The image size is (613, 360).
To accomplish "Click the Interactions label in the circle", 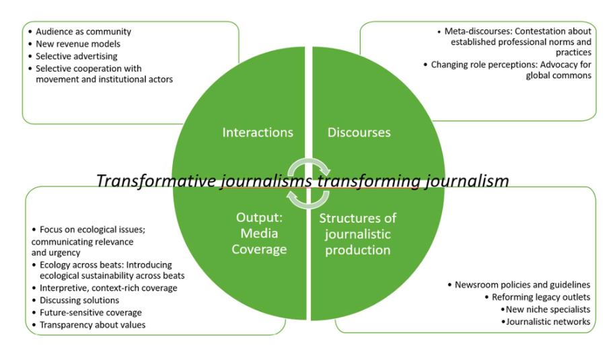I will click(x=258, y=133).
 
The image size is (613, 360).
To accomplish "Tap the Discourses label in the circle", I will click(x=359, y=133).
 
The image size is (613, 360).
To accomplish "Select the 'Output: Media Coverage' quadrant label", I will click(x=261, y=233).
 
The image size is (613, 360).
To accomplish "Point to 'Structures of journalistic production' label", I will click(x=357, y=233).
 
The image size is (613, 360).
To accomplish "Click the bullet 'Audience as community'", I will click(x=83, y=32).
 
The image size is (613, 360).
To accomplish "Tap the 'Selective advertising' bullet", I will click(x=76, y=56).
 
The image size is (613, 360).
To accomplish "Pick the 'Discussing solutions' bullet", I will click(x=79, y=300).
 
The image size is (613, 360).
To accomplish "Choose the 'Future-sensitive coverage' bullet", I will click(x=90, y=312).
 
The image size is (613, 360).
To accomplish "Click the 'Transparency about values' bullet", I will click(x=92, y=325).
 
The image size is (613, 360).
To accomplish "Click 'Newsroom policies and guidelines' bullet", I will click(x=522, y=285).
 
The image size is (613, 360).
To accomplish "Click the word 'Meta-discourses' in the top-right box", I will click(x=475, y=32).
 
